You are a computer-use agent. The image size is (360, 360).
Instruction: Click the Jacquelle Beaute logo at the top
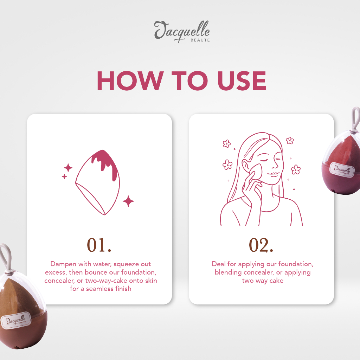pyautogui.click(x=182, y=31)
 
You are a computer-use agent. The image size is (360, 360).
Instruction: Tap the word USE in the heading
pyautogui.click(x=242, y=81)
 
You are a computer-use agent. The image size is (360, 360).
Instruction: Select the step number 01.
pyautogui.click(x=99, y=245)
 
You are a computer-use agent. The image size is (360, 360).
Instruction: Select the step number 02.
pyautogui.click(x=261, y=245)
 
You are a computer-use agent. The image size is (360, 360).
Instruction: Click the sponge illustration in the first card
pyautogui.click(x=98, y=182)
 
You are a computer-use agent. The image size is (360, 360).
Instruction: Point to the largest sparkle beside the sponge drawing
pyautogui.click(x=128, y=201)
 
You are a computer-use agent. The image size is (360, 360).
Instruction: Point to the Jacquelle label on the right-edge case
pyautogui.click(x=342, y=170)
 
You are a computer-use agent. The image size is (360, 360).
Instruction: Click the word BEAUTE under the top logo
pyautogui.click(x=200, y=40)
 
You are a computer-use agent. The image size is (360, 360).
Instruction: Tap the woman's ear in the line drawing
pyautogui.click(x=246, y=165)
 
